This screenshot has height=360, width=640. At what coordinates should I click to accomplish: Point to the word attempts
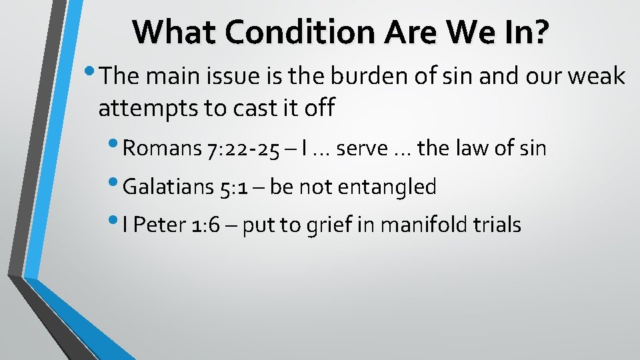(149, 107)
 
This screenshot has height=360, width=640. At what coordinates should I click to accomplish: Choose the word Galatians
(170, 187)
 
